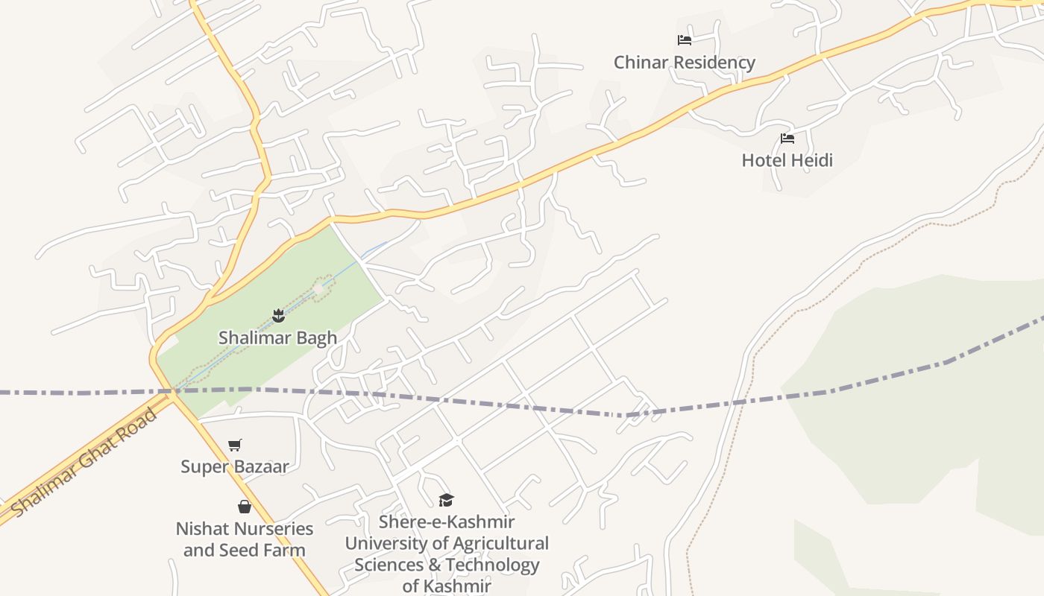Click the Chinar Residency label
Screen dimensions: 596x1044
[684, 63]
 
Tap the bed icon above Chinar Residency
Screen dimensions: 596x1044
[684, 40]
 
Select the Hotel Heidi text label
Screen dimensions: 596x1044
[787, 160]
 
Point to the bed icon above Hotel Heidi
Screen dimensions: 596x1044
[787, 138]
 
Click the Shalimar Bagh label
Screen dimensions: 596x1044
[277, 337]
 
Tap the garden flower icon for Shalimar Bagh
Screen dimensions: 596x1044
[278, 315]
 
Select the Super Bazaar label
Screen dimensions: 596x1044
[234, 467]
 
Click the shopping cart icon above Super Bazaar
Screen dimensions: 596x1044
[235, 445]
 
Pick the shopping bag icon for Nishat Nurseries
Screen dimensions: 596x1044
[244, 507]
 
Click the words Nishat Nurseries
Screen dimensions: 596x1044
[244, 529]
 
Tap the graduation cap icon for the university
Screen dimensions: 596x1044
[446, 500]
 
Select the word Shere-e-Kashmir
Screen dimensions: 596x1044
[446, 521]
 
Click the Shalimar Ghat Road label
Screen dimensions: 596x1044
[86, 463]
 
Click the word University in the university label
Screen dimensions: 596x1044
[383, 543]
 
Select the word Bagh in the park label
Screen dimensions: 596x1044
[316, 337]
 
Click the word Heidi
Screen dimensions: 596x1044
[810, 160]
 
